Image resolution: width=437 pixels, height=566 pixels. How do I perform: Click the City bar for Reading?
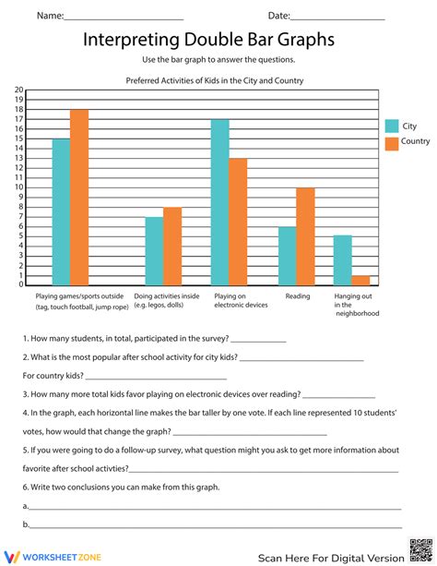tap(288, 256)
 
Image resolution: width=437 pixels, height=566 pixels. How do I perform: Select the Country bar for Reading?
tap(305, 236)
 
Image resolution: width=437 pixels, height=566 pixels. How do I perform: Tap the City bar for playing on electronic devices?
tap(219, 202)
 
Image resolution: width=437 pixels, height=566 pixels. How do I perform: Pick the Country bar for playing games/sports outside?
tap(79, 198)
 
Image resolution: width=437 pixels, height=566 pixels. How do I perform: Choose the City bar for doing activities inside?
tap(154, 251)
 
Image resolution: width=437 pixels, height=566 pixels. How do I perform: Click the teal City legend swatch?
tap(391, 126)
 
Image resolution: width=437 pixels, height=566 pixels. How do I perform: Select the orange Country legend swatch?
tap(391, 142)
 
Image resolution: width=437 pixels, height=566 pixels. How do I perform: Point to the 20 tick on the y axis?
tap(18, 90)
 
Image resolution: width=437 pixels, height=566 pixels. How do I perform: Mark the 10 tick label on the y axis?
tap(18, 187)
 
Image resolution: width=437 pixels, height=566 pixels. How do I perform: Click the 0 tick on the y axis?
tap(20, 284)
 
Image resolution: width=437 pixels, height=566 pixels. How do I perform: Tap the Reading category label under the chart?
tap(297, 296)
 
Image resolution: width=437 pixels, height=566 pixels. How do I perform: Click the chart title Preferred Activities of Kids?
tap(215, 80)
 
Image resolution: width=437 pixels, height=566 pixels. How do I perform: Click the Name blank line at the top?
tap(124, 18)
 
